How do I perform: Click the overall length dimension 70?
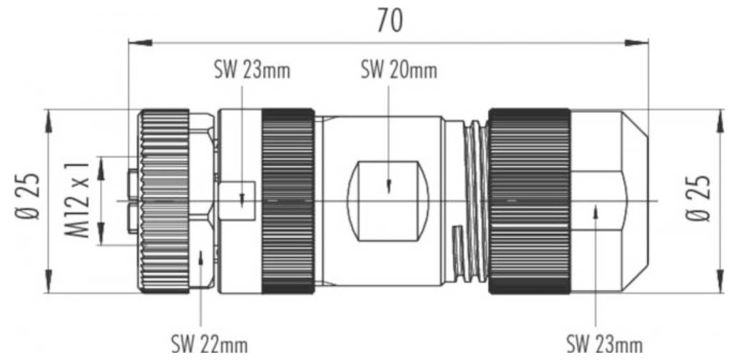tap(389, 21)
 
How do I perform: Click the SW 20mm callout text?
tap(398, 71)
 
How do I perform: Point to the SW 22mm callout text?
tap(209, 346)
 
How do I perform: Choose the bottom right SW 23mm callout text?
tap(604, 346)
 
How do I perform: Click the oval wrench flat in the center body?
tap(388, 202)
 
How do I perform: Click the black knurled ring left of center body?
tap(288, 201)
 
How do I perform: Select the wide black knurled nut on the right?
tap(529, 201)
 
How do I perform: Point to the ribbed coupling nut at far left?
tap(163, 201)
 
